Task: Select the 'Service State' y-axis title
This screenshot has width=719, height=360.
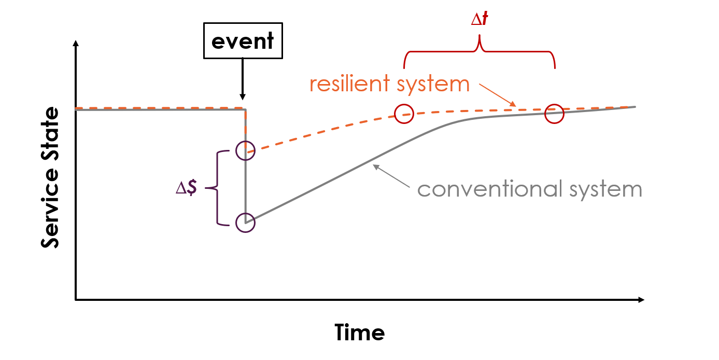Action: tap(50, 178)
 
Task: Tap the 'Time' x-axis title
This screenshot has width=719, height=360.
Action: tap(359, 332)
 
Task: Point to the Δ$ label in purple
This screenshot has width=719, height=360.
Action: tap(186, 188)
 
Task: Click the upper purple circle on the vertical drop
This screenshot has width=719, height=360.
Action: tap(245, 150)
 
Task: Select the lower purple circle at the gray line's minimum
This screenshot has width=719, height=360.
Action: tap(245, 223)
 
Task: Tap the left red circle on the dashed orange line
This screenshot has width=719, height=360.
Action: tap(404, 114)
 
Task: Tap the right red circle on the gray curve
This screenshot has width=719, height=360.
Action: tap(554, 114)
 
